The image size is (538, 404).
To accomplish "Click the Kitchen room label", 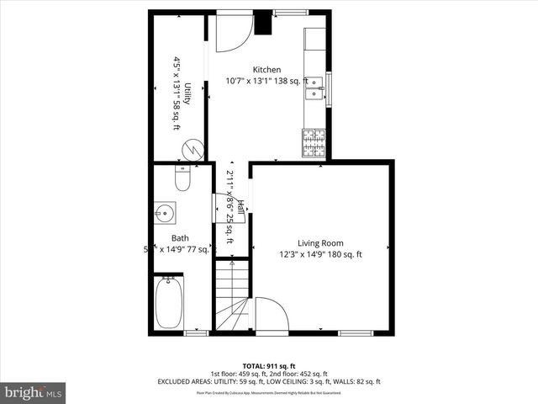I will [267, 70].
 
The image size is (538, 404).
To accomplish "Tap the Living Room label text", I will [320, 243].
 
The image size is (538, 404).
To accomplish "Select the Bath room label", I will [180, 237].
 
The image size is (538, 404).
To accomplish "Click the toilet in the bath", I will [182, 179].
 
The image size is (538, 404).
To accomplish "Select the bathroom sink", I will [162, 211].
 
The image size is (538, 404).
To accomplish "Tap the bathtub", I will [169, 303].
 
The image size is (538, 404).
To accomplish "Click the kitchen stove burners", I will [314, 143].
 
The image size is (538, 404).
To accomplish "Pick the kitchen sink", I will [315, 87].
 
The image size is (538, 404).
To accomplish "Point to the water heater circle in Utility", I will [192, 150].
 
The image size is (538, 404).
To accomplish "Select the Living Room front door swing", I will [270, 315].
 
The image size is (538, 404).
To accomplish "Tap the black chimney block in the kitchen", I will [262, 22].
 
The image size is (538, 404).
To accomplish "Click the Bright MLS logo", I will [34, 392].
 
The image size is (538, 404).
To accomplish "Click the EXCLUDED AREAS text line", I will [268, 381].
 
